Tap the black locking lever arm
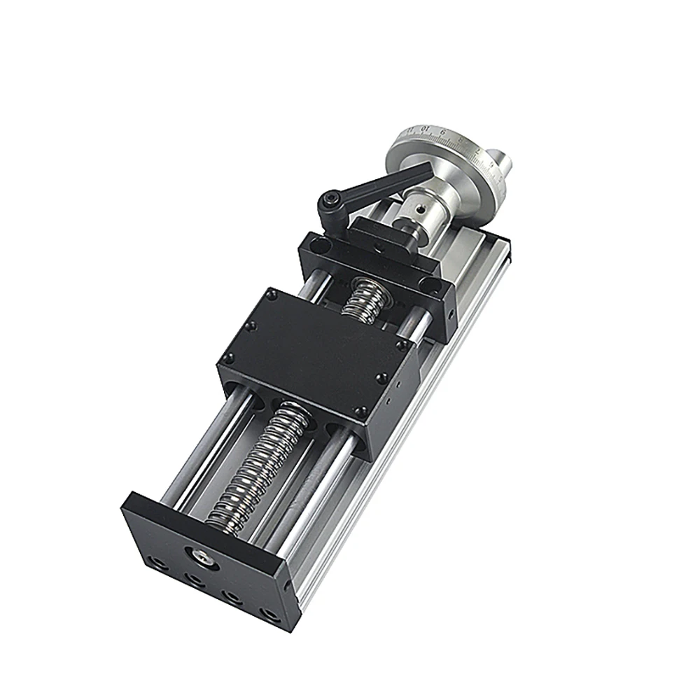pos(364,186)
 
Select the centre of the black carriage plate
pos(315,350)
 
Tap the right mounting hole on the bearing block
pos(428,283)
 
